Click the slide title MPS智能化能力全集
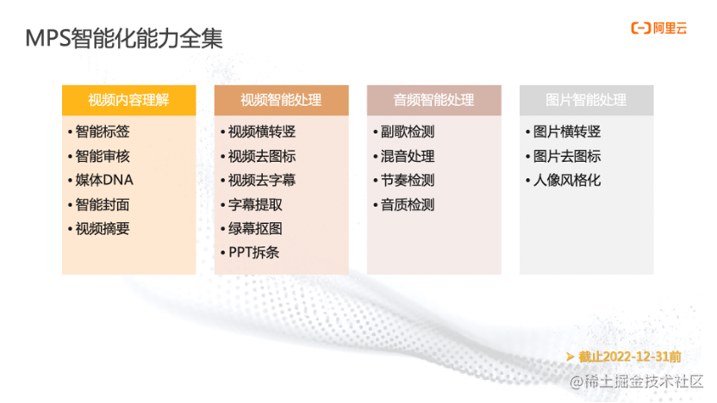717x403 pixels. (124, 40)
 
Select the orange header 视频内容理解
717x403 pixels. (128, 100)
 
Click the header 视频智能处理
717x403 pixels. (281, 100)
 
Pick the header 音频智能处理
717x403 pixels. (433, 100)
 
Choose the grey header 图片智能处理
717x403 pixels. (586, 100)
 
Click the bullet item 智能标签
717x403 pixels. (103, 132)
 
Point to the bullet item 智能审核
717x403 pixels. (103, 156)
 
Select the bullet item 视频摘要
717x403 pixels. (103, 228)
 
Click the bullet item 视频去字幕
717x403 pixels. (262, 180)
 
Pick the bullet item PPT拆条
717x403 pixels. (253, 252)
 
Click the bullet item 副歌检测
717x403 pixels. (408, 132)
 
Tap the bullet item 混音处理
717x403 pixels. (408, 156)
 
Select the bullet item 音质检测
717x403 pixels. (408, 204)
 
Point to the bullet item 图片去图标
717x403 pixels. (567, 156)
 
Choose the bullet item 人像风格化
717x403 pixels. (567, 180)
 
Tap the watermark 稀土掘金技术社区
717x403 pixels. (639, 381)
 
